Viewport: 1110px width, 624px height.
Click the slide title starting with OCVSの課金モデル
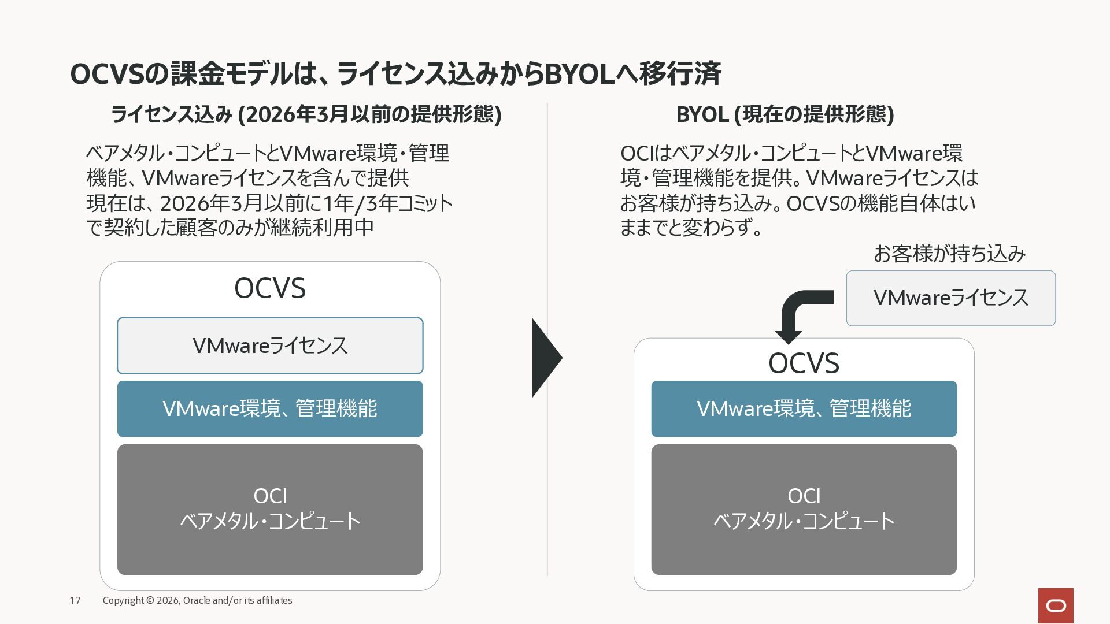coord(395,74)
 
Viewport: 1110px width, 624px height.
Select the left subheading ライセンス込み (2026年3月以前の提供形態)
coord(306,114)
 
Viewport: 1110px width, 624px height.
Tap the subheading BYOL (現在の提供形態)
coord(785,114)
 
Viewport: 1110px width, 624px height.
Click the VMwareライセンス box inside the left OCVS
coord(270,346)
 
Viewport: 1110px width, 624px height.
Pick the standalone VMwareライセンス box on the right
coord(951,298)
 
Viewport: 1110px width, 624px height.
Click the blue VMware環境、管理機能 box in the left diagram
coord(270,409)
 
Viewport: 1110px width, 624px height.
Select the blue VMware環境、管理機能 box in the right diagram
coord(804,409)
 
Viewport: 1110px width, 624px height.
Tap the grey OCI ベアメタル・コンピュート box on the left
coord(270,510)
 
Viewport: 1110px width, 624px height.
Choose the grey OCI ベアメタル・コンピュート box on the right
coord(804,510)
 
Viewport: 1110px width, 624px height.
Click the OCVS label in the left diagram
coord(270,288)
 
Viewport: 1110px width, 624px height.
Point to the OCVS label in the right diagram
coord(804,363)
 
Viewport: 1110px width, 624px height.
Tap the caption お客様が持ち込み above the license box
coord(949,254)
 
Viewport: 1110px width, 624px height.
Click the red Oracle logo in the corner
coord(1056,606)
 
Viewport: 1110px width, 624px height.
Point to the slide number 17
coord(75,600)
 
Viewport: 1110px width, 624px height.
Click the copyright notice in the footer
coord(197,600)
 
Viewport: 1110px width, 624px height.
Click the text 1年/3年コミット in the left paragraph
coord(388,203)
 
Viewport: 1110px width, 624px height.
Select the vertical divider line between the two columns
coord(547,340)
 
